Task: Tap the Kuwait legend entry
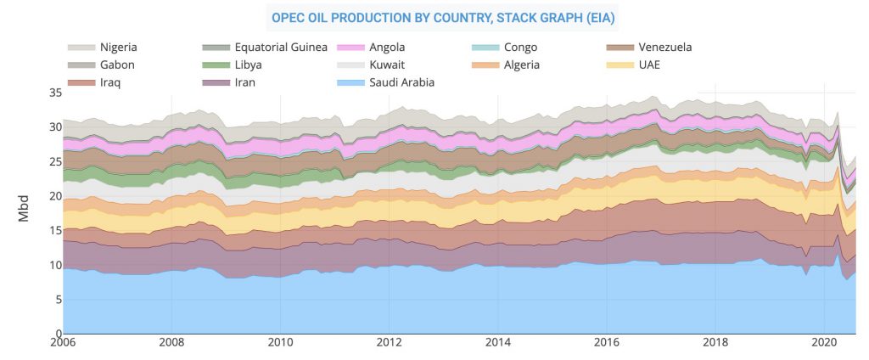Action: tap(388, 65)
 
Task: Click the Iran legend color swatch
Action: tap(216, 82)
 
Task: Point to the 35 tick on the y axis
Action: tap(55, 93)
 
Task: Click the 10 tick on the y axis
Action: tap(55, 265)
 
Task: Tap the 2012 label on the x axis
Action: tap(390, 343)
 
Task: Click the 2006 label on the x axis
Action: tap(64, 343)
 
